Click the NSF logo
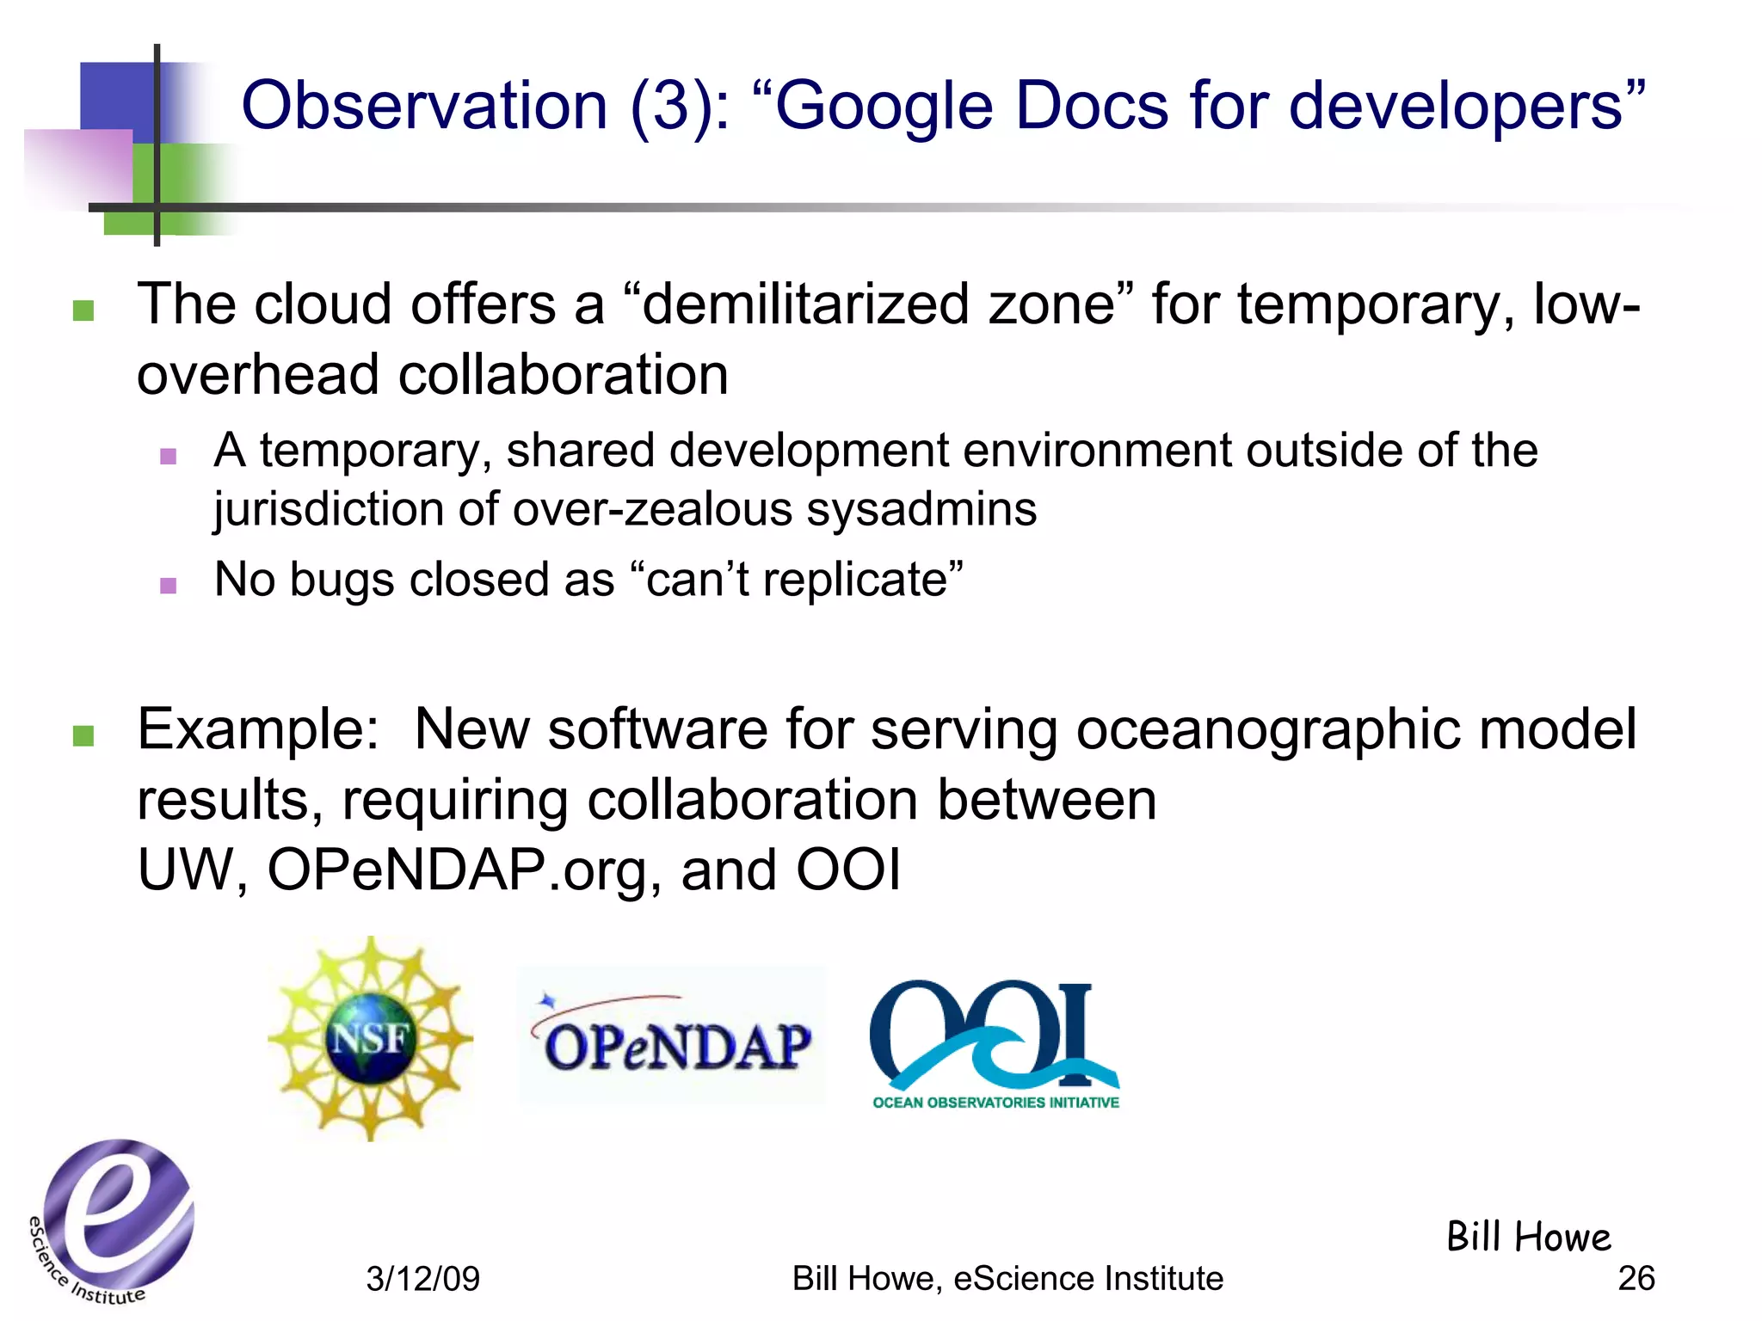[370, 1039]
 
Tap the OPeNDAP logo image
[672, 1036]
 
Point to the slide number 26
[1636, 1278]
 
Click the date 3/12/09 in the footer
[422, 1279]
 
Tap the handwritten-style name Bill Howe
[1528, 1237]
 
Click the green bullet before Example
[83, 735]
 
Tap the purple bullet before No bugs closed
[169, 586]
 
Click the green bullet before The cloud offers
[83, 310]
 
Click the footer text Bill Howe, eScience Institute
[1007, 1279]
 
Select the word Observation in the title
[424, 105]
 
